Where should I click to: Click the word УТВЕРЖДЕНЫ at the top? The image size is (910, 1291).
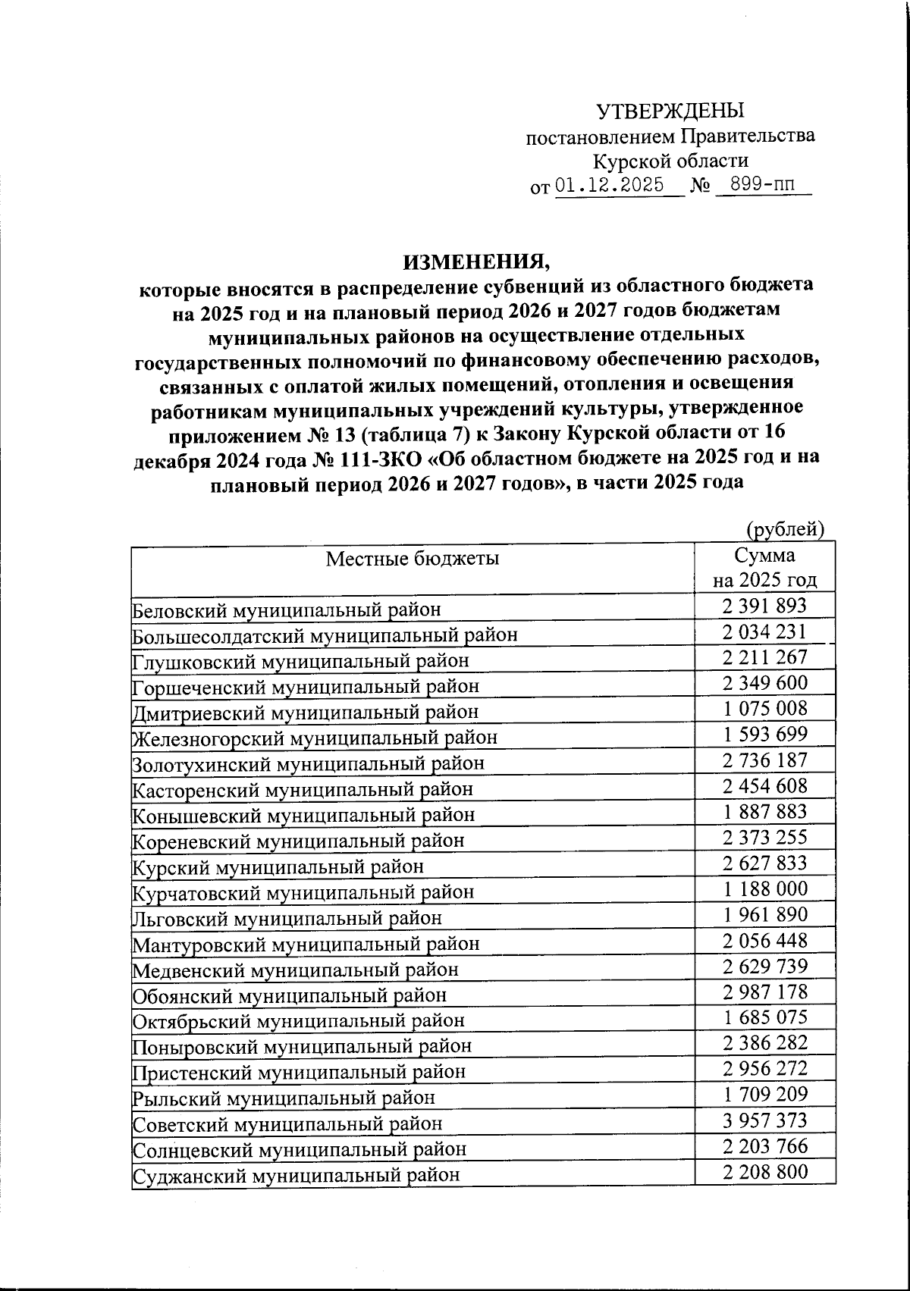click(670, 111)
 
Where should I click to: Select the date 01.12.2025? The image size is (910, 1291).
click(610, 186)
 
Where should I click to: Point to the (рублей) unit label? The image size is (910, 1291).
click(786, 528)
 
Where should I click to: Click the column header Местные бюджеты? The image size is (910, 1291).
click(413, 559)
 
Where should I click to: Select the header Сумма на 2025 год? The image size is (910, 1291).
click(764, 569)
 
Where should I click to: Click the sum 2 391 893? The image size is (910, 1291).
click(764, 606)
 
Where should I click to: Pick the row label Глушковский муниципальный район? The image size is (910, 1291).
click(300, 660)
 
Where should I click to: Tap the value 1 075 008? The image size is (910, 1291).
click(764, 709)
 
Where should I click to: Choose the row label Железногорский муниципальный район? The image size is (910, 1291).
click(315, 737)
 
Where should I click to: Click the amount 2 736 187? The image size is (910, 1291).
click(764, 760)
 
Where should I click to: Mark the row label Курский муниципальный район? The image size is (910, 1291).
click(278, 866)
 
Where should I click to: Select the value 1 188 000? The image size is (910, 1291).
click(764, 889)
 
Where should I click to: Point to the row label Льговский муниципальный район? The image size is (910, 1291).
click(287, 918)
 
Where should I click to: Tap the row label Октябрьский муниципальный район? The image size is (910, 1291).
click(299, 1021)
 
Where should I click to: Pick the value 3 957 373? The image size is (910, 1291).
click(764, 1120)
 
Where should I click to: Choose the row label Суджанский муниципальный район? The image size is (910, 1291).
click(296, 1176)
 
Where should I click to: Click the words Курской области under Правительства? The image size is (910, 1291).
click(670, 161)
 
